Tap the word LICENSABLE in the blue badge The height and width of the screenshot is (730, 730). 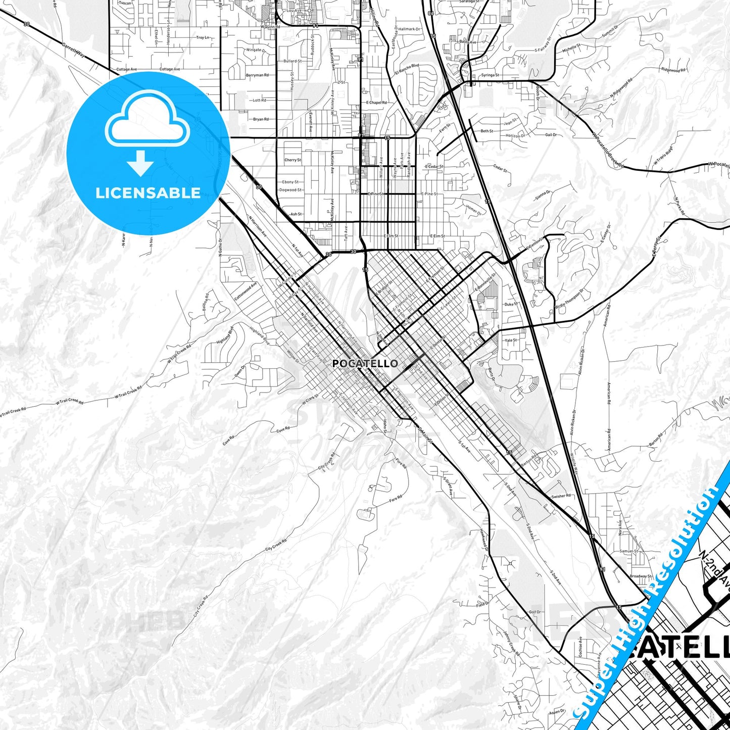(x=148, y=192)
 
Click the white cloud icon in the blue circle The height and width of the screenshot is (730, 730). (x=148, y=121)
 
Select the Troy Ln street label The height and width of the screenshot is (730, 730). (x=203, y=37)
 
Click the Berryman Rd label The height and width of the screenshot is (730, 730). (x=257, y=75)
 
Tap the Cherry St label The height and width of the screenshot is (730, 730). (x=293, y=160)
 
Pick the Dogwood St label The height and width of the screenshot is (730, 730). (x=291, y=190)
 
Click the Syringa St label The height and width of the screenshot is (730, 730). (x=490, y=75)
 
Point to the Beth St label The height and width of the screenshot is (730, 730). (x=487, y=131)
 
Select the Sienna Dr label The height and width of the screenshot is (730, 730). (x=543, y=196)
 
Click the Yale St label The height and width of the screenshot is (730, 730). (x=511, y=340)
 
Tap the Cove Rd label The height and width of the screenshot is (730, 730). (x=284, y=430)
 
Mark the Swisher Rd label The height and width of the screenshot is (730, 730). (x=561, y=496)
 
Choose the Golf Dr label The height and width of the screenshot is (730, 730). (x=534, y=612)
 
